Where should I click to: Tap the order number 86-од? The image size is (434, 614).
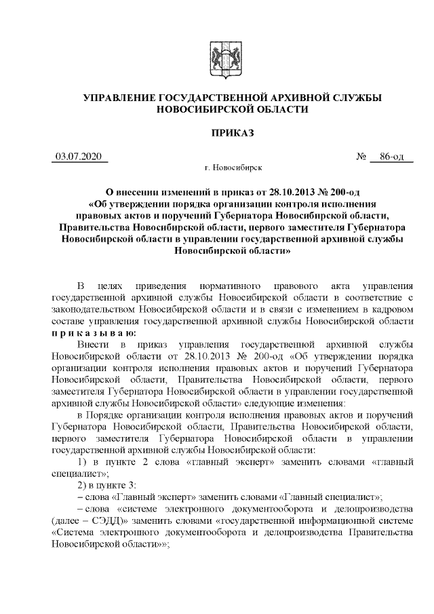click(x=393, y=157)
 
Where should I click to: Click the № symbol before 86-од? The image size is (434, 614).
click(x=361, y=157)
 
